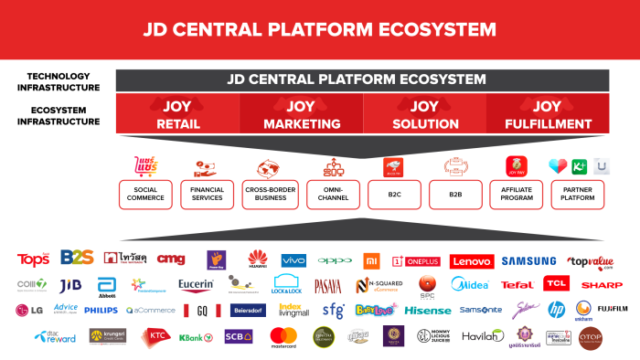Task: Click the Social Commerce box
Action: pyautogui.click(x=145, y=195)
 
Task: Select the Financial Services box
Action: pyautogui.click(x=208, y=195)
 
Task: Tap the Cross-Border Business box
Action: pyautogui.click(x=269, y=195)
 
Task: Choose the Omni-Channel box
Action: pyautogui.click(x=331, y=195)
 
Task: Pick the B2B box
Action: pyautogui.click(x=455, y=195)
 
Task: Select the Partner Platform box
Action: pyautogui.click(x=580, y=195)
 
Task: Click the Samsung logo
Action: pyautogui.click(x=529, y=261)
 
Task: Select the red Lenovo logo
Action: pyautogui.click(x=471, y=261)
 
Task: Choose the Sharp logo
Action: pyautogui.click(x=601, y=285)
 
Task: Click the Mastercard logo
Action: pyautogui.click(x=284, y=335)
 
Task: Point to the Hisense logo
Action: pyautogui.click(x=428, y=310)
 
